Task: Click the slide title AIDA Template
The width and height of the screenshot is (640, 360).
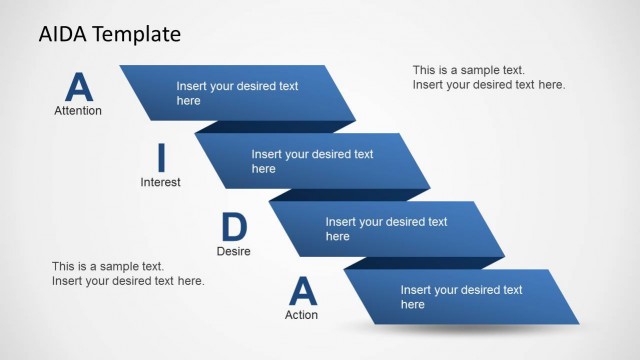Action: click(x=110, y=34)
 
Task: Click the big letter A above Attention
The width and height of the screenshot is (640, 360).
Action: click(x=78, y=87)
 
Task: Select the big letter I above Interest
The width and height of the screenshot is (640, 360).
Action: click(x=160, y=158)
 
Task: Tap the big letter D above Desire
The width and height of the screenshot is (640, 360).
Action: click(x=233, y=227)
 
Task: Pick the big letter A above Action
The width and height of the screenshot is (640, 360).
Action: click(x=302, y=291)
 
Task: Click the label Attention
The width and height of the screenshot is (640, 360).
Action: click(x=78, y=111)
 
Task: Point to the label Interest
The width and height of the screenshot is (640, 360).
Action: click(x=160, y=182)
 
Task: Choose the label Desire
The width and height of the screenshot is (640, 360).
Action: click(x=233, y=251)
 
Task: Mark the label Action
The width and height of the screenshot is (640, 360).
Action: click(x=301, y=315)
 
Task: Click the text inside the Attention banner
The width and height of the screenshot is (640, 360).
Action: click(x=237, y=93)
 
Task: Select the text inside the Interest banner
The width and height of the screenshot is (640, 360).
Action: click(x=312, y=162)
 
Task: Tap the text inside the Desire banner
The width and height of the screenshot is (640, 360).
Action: click(x=386, y=229)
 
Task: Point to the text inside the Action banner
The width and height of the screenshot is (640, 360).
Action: click(x=461, y=297)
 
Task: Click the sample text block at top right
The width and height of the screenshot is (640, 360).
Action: click(x=489, y=77)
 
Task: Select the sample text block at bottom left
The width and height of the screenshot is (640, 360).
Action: click(x=128, y=274)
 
